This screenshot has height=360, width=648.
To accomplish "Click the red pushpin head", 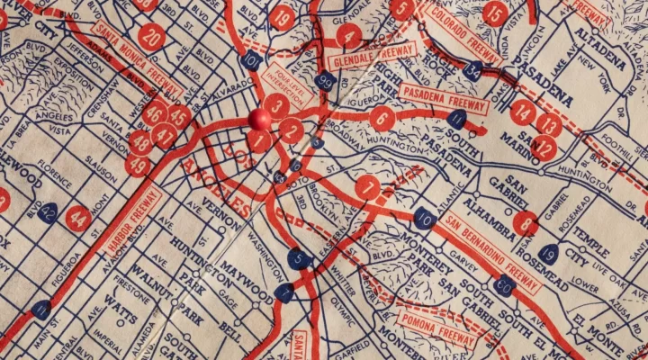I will coord(259,120).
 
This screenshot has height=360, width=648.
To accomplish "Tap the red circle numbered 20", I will coord(152,38).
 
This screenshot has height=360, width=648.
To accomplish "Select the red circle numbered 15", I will coord(495,13).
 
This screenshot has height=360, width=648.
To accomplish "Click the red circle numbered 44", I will coord(78,217).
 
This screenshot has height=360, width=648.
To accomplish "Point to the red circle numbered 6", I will coord(382,118).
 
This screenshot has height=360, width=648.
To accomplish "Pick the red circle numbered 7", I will coord(366,188).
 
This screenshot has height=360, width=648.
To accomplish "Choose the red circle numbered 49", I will coord(139,165).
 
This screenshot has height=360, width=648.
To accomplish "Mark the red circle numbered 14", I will coord(523,112).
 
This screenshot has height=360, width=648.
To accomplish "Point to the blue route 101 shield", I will coord(253,60).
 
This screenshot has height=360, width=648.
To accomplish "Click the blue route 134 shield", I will coord(473,73).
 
